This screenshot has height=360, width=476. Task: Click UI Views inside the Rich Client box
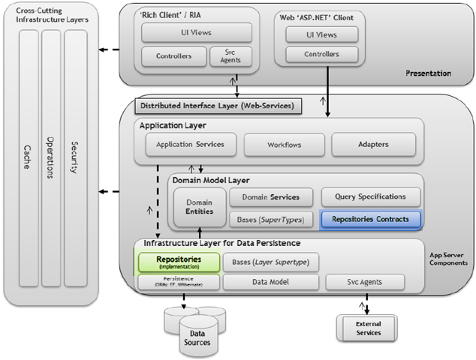tap(197, 32)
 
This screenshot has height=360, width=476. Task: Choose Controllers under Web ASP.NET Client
tap(321, 54)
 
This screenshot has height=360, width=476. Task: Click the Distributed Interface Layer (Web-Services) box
tap(218, 105)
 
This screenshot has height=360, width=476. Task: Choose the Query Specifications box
tap(370, 196)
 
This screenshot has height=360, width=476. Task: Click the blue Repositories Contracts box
tap(370, 220)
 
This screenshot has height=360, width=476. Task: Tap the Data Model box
tap(270, 282)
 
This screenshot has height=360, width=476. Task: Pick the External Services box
tap(367, 327)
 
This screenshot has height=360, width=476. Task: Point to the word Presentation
tap(429, 73)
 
